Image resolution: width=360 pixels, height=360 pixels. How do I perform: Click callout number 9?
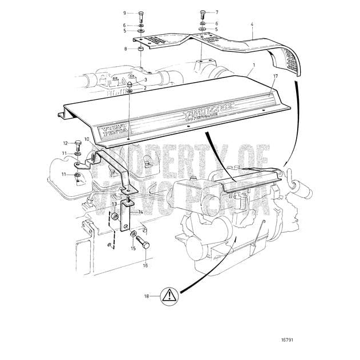point(124,13)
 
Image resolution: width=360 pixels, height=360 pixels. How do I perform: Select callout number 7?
point(216,12)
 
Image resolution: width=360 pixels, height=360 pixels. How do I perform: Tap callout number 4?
point(252,25)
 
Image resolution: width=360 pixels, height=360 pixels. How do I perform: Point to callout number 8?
point(126,50)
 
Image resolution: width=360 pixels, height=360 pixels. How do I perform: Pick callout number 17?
point(275,75)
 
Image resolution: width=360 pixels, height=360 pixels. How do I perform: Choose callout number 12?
point(65,143)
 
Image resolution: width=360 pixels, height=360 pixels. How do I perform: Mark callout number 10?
point(87,139)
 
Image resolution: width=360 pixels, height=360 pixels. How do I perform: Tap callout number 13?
point(114,204)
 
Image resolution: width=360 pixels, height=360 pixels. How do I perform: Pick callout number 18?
point(147,297)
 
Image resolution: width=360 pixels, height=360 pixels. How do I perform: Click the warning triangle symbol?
point(169,296)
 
